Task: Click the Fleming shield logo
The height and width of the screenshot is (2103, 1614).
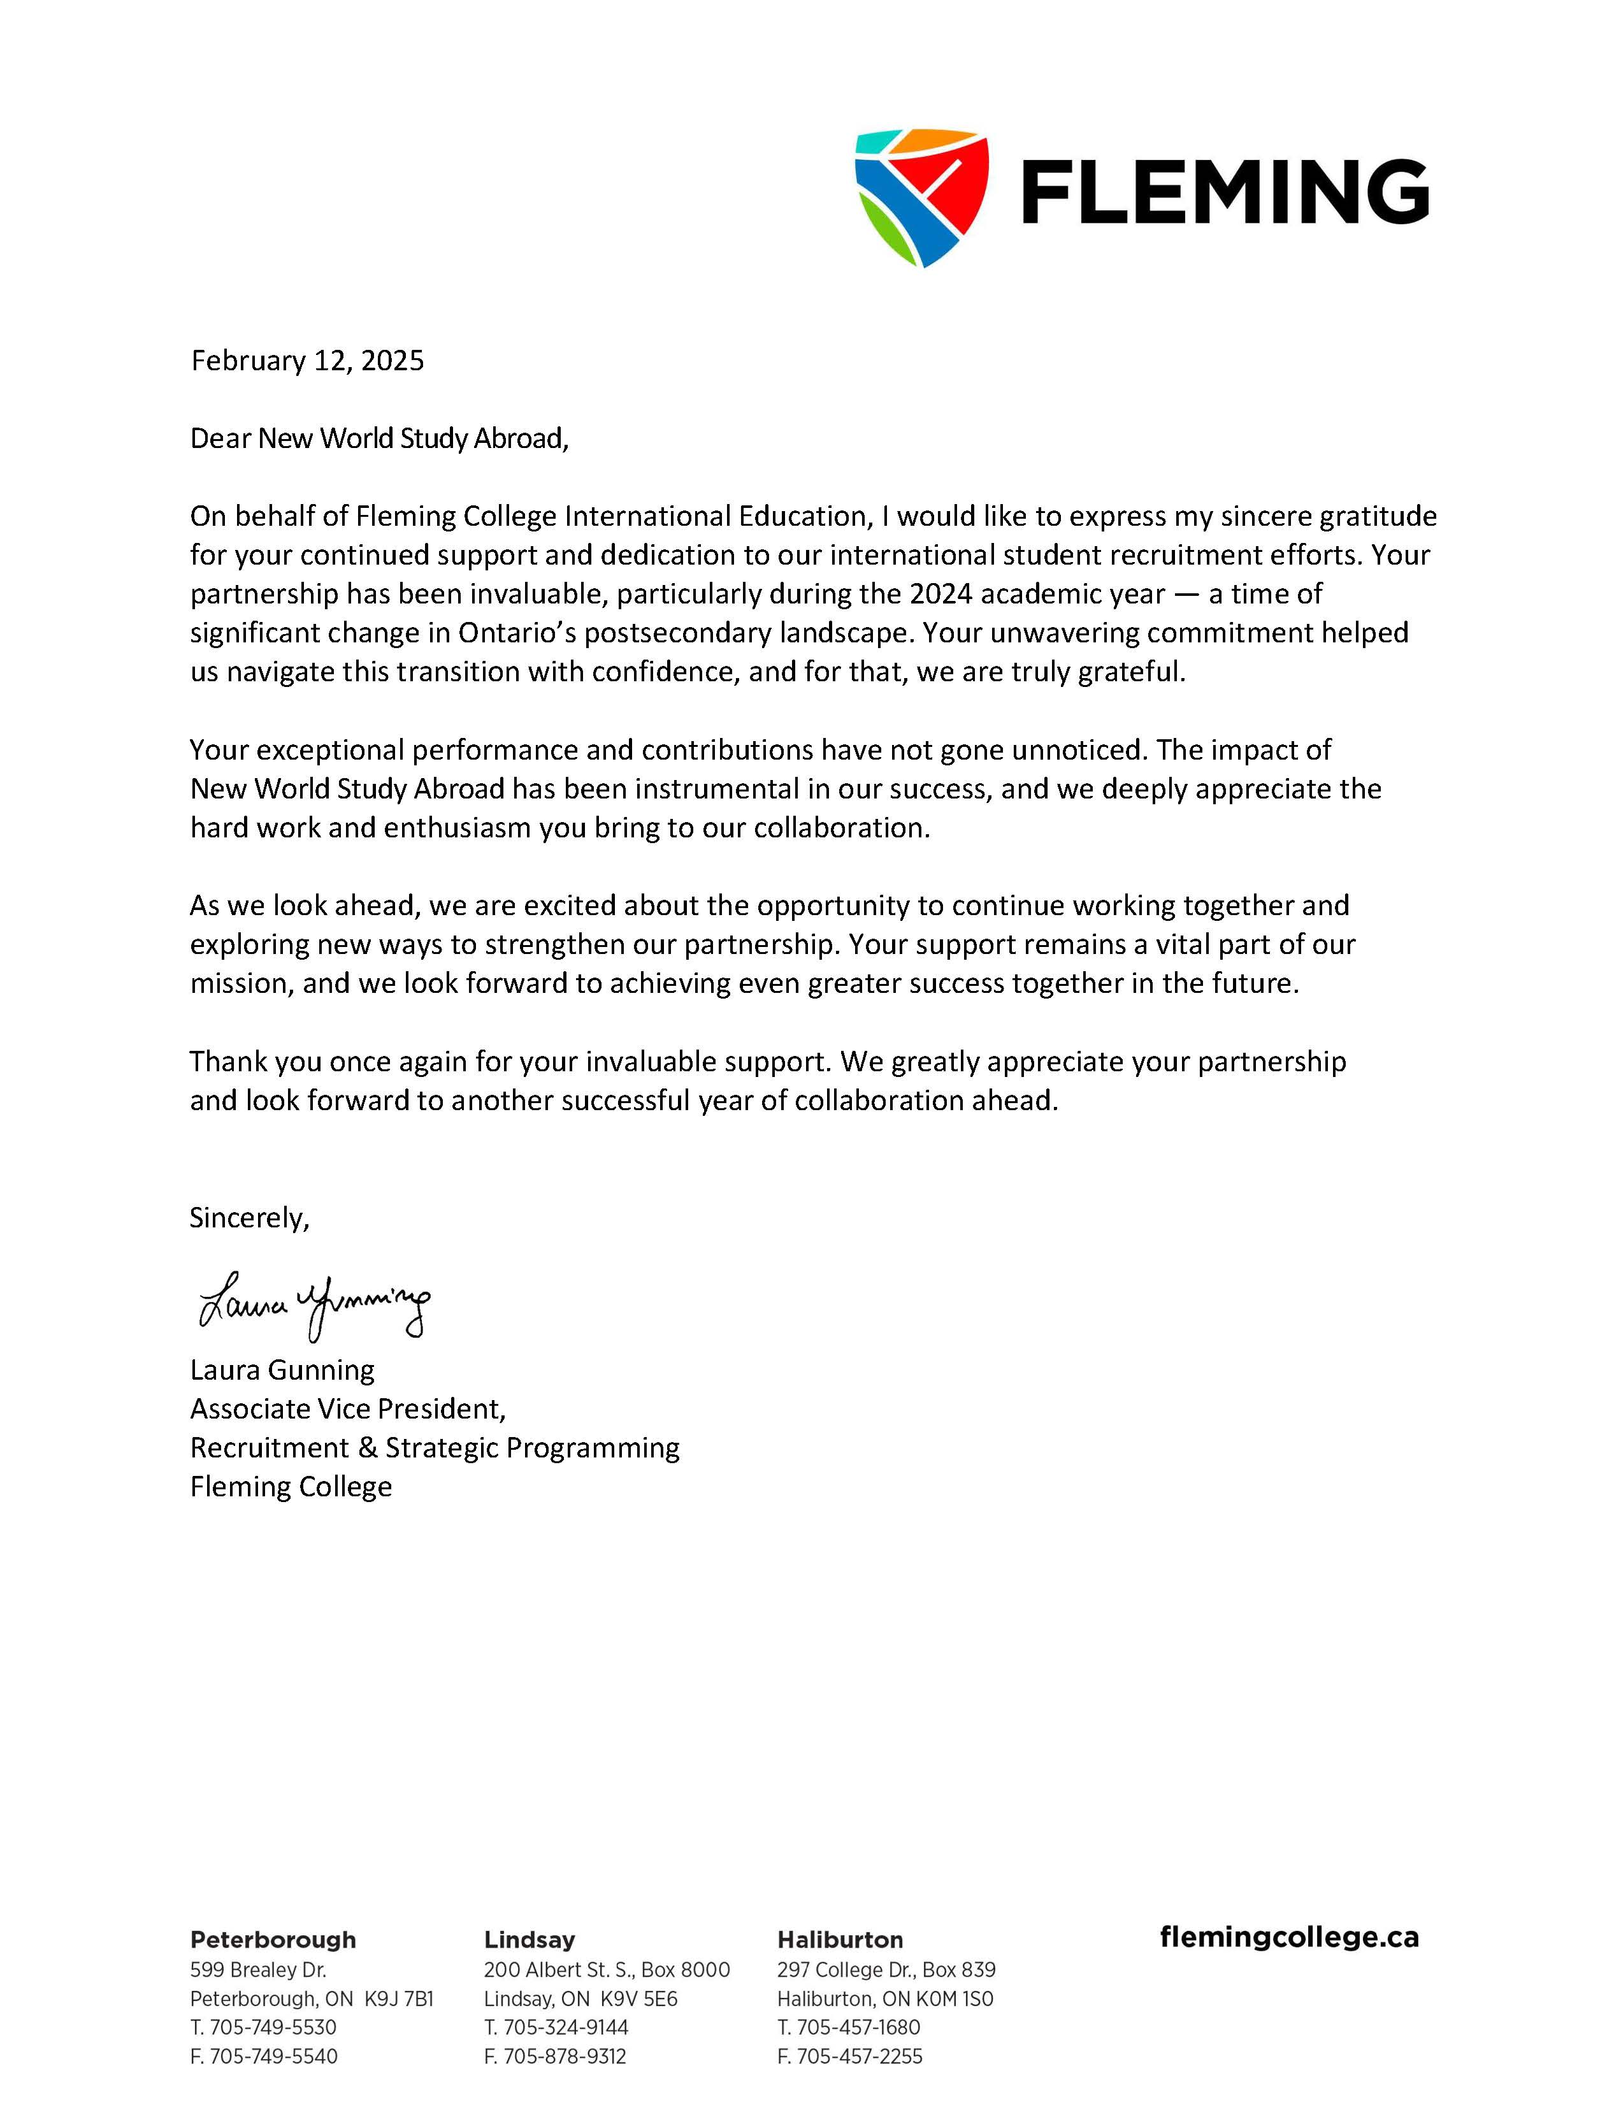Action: (x=920, y=197)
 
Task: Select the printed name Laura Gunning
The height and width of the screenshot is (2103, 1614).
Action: (x=282, y=1369)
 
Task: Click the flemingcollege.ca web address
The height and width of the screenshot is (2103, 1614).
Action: (x=1288, y=1937)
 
